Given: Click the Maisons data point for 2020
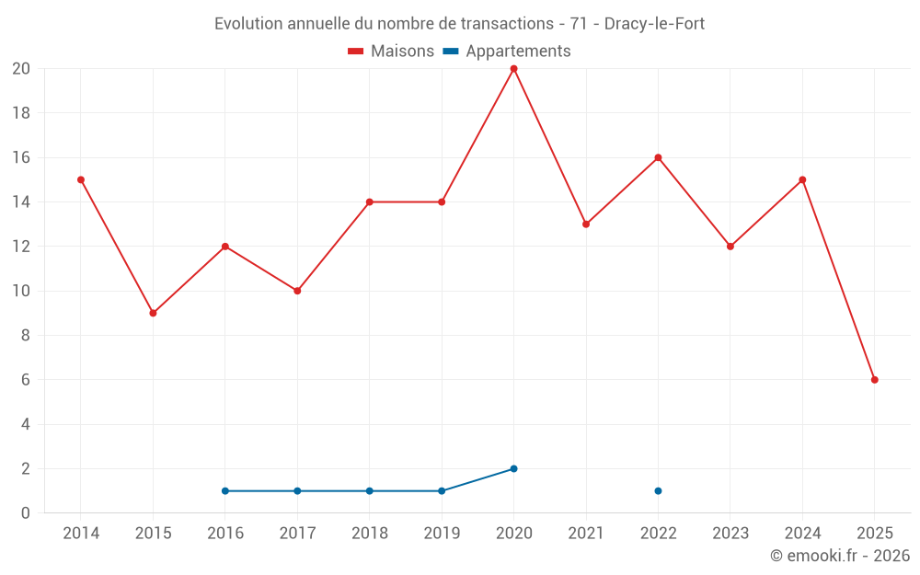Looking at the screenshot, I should (x=513, y=69).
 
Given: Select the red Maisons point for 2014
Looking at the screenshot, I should (x=81, y=179).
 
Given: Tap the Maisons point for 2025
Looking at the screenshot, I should (x=874, y=380).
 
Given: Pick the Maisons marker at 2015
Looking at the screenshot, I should (x=153, y=313).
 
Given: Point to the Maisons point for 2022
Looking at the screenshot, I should (x=658, y=157).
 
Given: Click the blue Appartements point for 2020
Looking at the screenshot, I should (x=513, y=468).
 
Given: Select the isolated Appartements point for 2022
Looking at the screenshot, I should (x=658, y=490).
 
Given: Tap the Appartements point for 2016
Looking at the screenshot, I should (x=225, y=490).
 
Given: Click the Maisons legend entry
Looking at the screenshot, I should (x=391, y=52).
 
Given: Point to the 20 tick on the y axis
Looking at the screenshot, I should (x=21, y=69).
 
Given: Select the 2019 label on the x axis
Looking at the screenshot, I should (x=442, y=534).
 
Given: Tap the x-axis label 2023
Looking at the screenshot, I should (x=730, y=534).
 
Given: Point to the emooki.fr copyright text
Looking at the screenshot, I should (x=840, y=556).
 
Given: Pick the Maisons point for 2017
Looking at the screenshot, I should (x=297, y=291).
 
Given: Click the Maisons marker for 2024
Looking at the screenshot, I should (x=802, y=179).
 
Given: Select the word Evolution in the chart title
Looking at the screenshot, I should (x=248, y=24).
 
